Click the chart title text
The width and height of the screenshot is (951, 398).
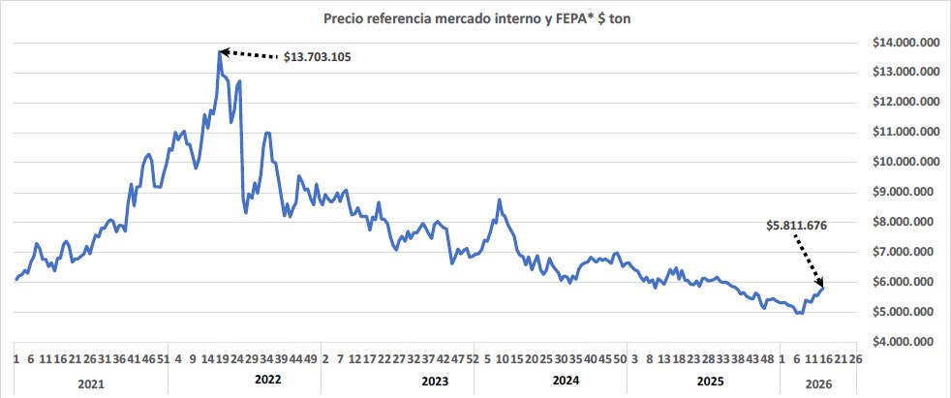(475, 16)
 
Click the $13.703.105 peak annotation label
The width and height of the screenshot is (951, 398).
(317, 57)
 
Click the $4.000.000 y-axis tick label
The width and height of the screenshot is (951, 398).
(901, 342)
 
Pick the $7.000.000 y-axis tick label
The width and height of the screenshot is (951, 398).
(901, 252)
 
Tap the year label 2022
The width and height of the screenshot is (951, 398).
(266, 383)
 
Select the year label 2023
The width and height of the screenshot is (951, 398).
(435, 383)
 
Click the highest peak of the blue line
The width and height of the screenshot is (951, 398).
(220, 51)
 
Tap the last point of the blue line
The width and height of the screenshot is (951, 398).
(823, 287)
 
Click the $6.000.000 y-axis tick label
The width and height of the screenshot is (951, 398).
(901, 282)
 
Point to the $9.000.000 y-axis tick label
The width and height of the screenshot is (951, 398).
(901, 192)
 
